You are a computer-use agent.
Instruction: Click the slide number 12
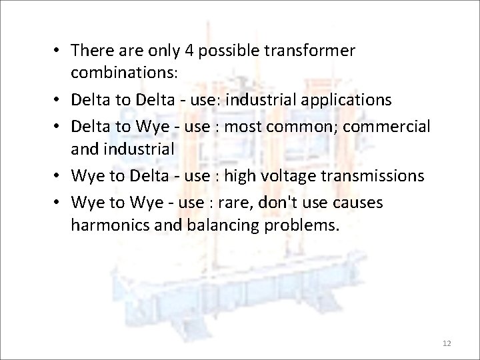point(447,343)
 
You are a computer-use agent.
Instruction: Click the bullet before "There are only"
point(59,50)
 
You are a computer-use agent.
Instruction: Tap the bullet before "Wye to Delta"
point(59,175)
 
